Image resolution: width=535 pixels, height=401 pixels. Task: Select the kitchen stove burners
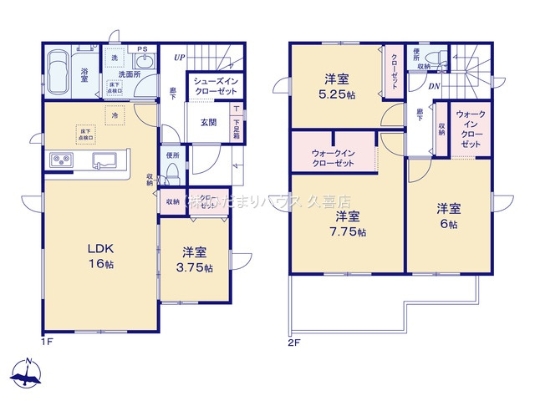point(61,159)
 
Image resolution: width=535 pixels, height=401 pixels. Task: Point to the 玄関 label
point(209,121)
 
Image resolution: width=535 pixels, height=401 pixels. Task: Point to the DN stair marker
point(436,86)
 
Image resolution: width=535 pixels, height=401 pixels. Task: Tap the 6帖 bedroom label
point(449,216)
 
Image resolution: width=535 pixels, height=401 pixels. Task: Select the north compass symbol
point(27,373)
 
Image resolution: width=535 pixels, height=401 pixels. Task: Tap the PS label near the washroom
point(142,49)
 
